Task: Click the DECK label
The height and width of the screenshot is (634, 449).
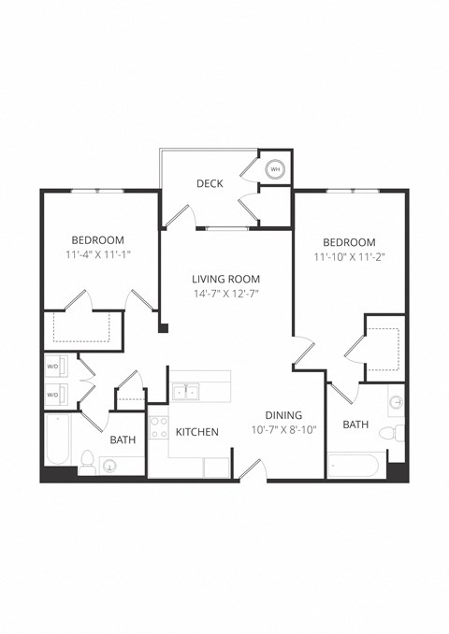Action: coord(210,183)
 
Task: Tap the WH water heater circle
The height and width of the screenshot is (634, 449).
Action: coord(275,170)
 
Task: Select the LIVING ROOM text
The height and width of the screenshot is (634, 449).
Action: coord(225,279)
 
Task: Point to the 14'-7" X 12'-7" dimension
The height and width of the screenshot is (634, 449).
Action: coord(225,294)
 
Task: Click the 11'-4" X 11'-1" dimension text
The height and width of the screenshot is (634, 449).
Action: coord(97,254)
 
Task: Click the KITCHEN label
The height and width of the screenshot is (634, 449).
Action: coord(197,432)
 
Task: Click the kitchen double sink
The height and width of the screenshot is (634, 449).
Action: coord(185,392)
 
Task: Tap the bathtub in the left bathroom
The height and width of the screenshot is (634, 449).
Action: coord(57,440)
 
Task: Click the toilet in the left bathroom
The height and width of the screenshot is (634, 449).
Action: coord(87,460)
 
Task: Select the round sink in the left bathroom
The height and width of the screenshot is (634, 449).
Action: coord(112,465)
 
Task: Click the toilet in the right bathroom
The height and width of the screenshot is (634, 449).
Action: coord(398,433)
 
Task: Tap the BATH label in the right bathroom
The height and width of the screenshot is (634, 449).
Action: coord(355,425)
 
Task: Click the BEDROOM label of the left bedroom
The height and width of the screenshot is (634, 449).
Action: coord(97,239)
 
